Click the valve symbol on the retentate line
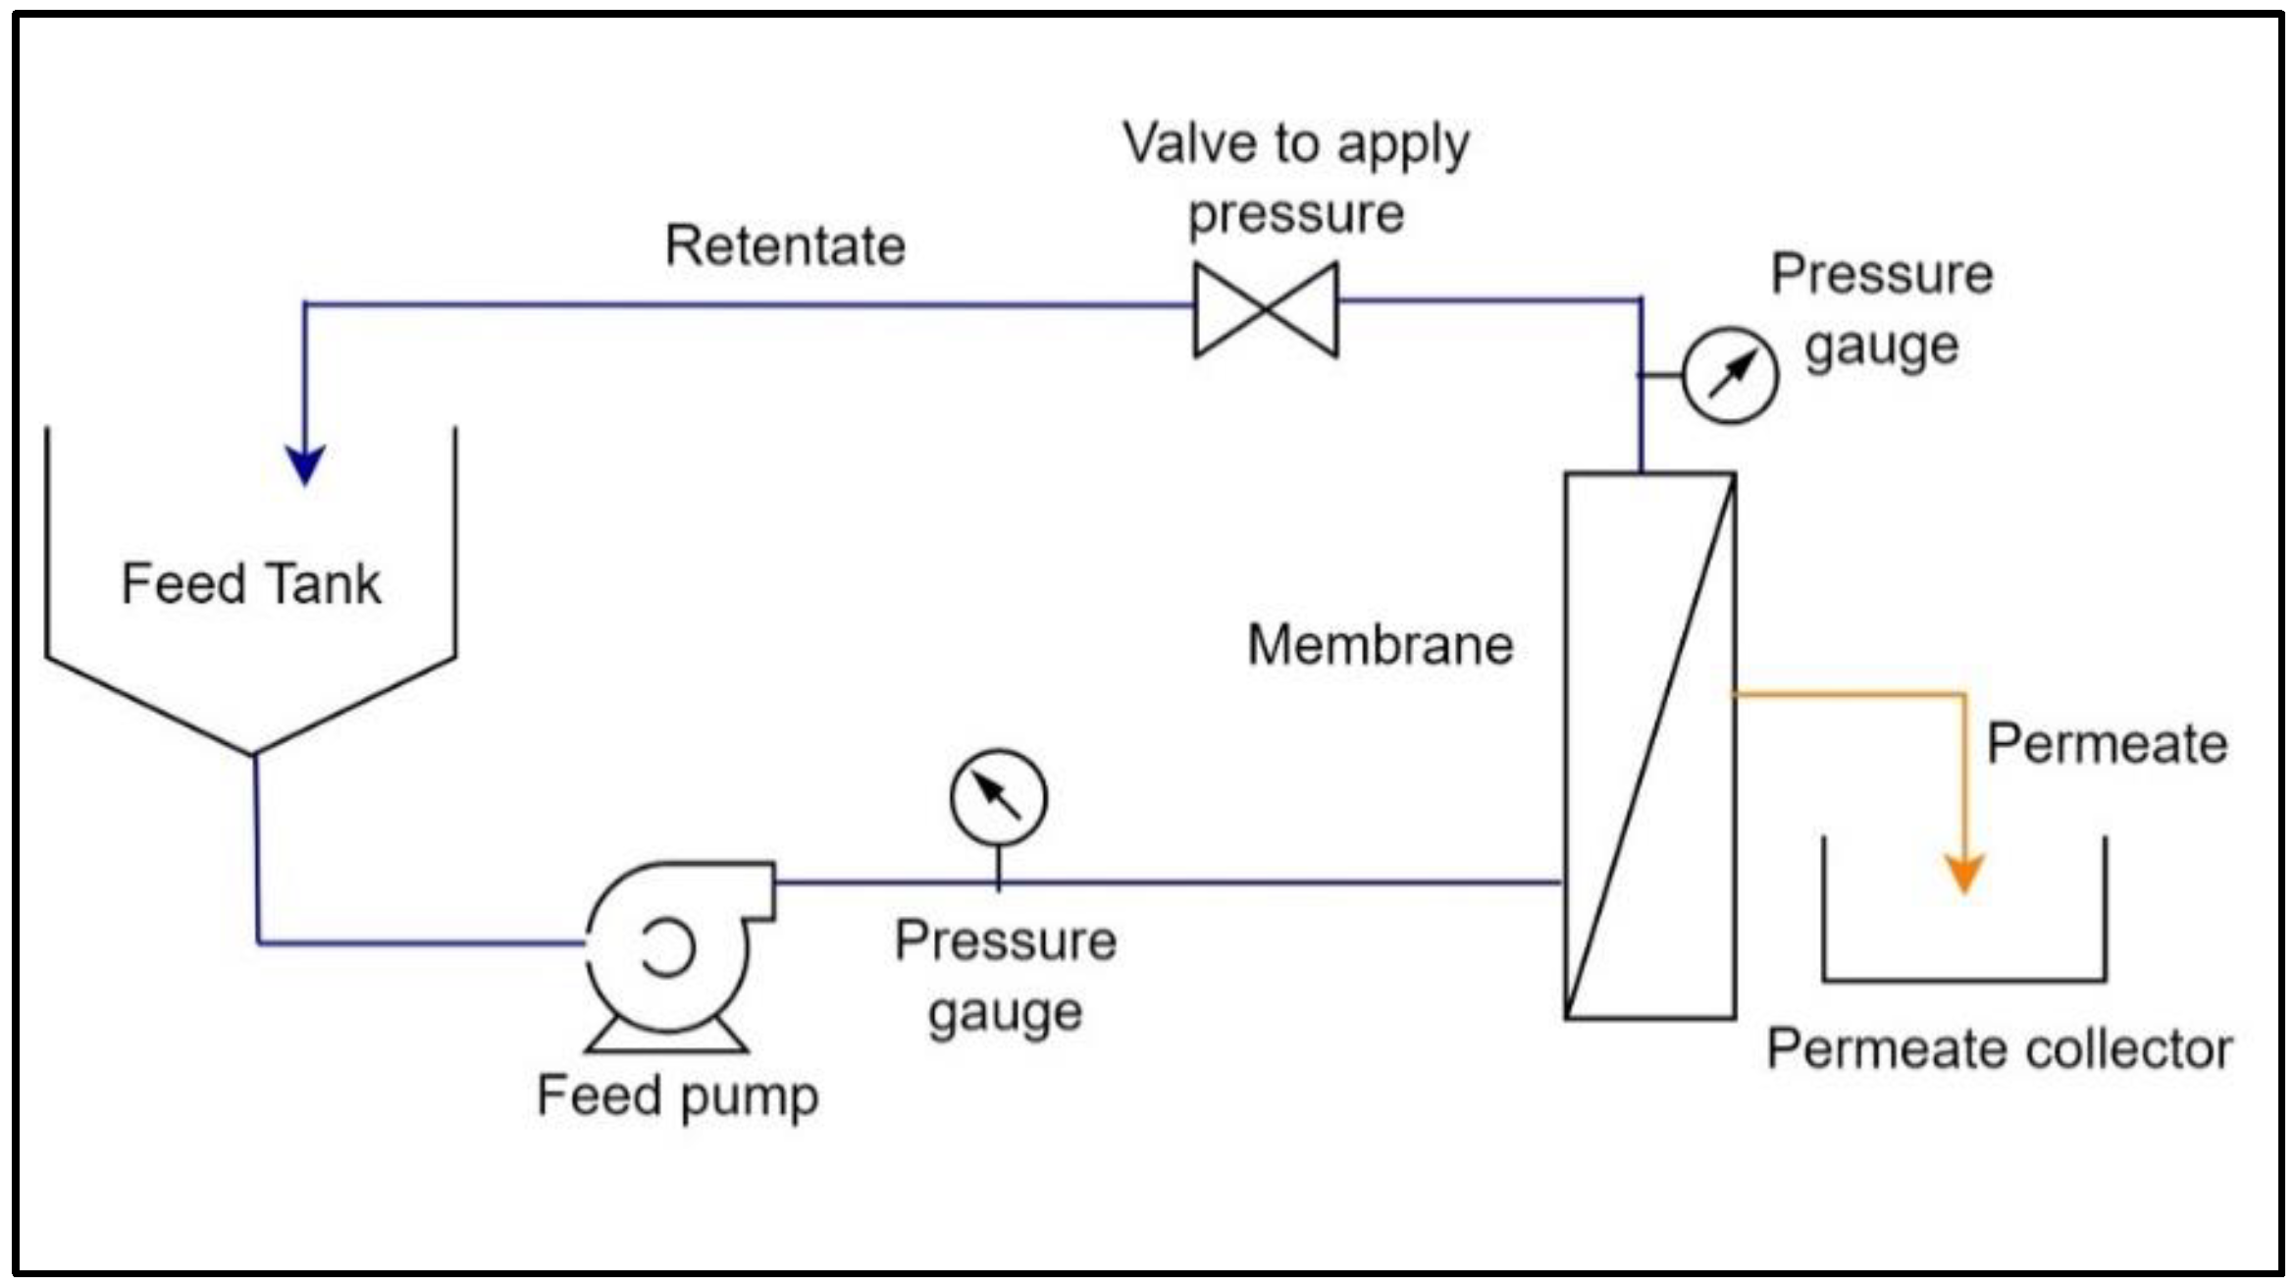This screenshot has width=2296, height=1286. pos(1266,309)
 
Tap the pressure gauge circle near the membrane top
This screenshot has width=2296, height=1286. pos(1729,375)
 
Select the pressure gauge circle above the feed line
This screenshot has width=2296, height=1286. pos(998,797)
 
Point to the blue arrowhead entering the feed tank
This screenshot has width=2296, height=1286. pos(305,464)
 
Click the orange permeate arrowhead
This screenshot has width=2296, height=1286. pos(1964,873)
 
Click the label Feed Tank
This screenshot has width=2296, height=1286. pos(251,584)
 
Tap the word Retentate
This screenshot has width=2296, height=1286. pos(785,245)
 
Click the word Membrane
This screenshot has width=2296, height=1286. pos(1380,646)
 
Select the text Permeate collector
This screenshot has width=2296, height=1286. pos(2000,1049)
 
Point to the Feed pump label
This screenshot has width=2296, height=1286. pos(677,1096)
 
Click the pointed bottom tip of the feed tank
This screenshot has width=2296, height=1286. pos(254,754)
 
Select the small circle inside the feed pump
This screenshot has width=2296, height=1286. pos(668,947)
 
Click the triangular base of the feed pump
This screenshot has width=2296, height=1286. pos(667,1038)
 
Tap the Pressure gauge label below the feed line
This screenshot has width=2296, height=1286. pos(1006,977)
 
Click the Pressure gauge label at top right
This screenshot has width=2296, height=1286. pos(1882,309)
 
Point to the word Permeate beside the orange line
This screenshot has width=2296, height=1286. pos(2107,744)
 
